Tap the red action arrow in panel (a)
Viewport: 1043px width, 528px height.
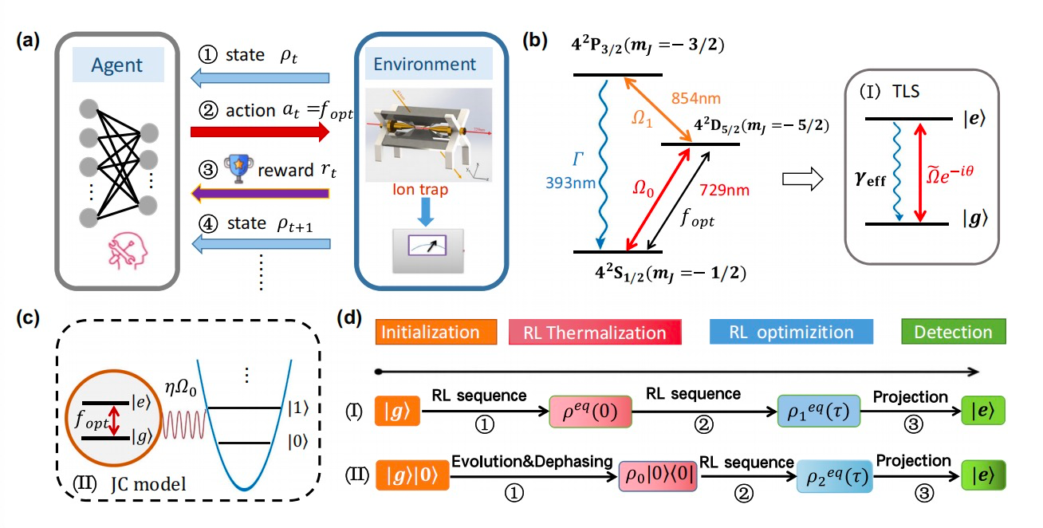tap(259, 132)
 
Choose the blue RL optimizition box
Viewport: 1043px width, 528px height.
tap(791, 332)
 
